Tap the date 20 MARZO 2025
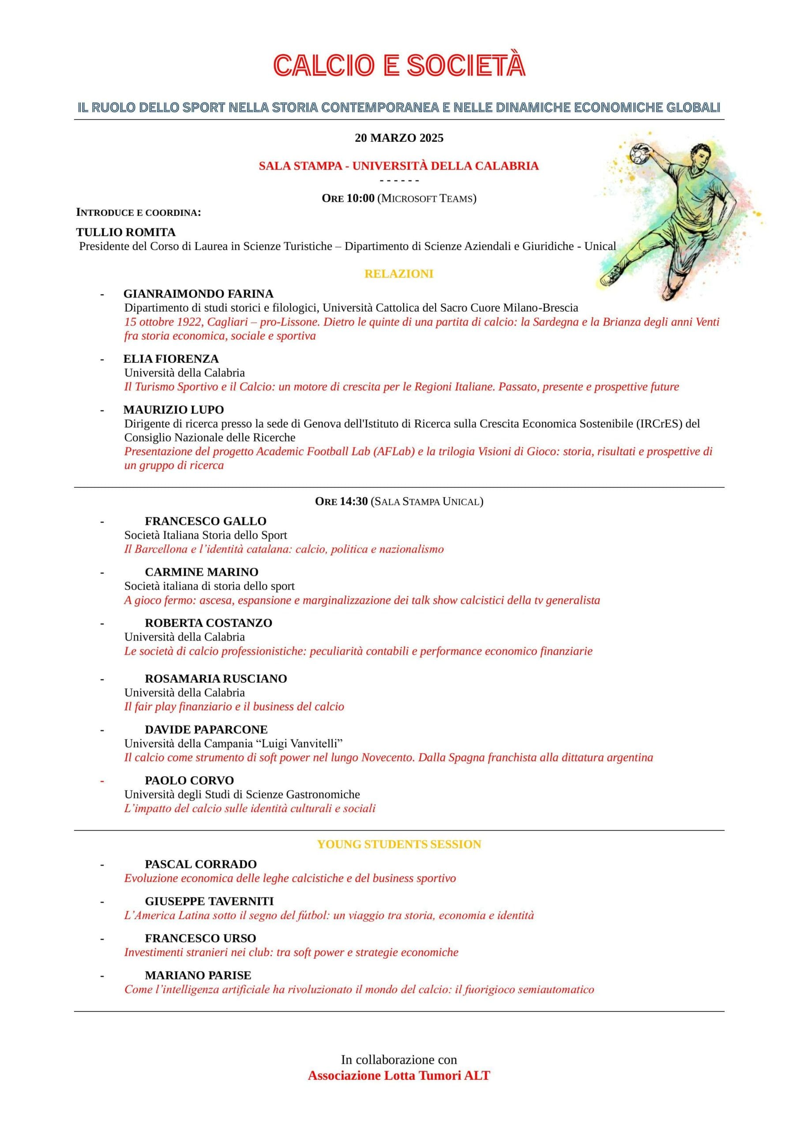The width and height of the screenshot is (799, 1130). (399, 138)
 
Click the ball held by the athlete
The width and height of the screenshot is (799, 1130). (640, 154)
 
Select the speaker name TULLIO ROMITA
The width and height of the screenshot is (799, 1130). (125, 232)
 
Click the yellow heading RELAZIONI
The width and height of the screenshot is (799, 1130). (399, 274)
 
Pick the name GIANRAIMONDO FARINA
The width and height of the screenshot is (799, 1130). (198, 294)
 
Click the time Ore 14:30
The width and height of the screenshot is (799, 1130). (341, 501)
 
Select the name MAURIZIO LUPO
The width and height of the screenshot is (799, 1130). (174, 410)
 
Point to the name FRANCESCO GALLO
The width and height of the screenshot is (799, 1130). (206, 521)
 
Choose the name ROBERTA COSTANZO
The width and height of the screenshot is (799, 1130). (209, 623)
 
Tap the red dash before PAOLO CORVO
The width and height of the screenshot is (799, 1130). (102, 780)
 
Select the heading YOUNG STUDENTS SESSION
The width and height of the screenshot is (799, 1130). (399, 844)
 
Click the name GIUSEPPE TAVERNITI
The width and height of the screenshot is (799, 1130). (209, 902)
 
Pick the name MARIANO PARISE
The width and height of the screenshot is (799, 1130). (198, 976)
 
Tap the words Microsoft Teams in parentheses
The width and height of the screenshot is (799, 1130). (427, 198)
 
